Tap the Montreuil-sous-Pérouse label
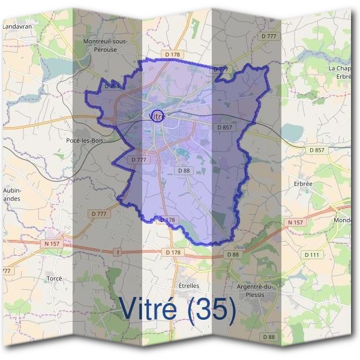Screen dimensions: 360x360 [105, 45]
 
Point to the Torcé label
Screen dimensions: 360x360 [54, 279]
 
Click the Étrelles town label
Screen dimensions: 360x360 [189, 286]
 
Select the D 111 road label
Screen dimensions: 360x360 [311, 255]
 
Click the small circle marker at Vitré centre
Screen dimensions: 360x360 [156, 116]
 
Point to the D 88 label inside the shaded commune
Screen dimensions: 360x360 [184, 171]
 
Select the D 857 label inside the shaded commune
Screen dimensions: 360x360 [223, 128]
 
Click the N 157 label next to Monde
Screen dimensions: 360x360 [295, 223]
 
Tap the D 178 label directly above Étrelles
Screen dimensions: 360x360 [172, 253]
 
